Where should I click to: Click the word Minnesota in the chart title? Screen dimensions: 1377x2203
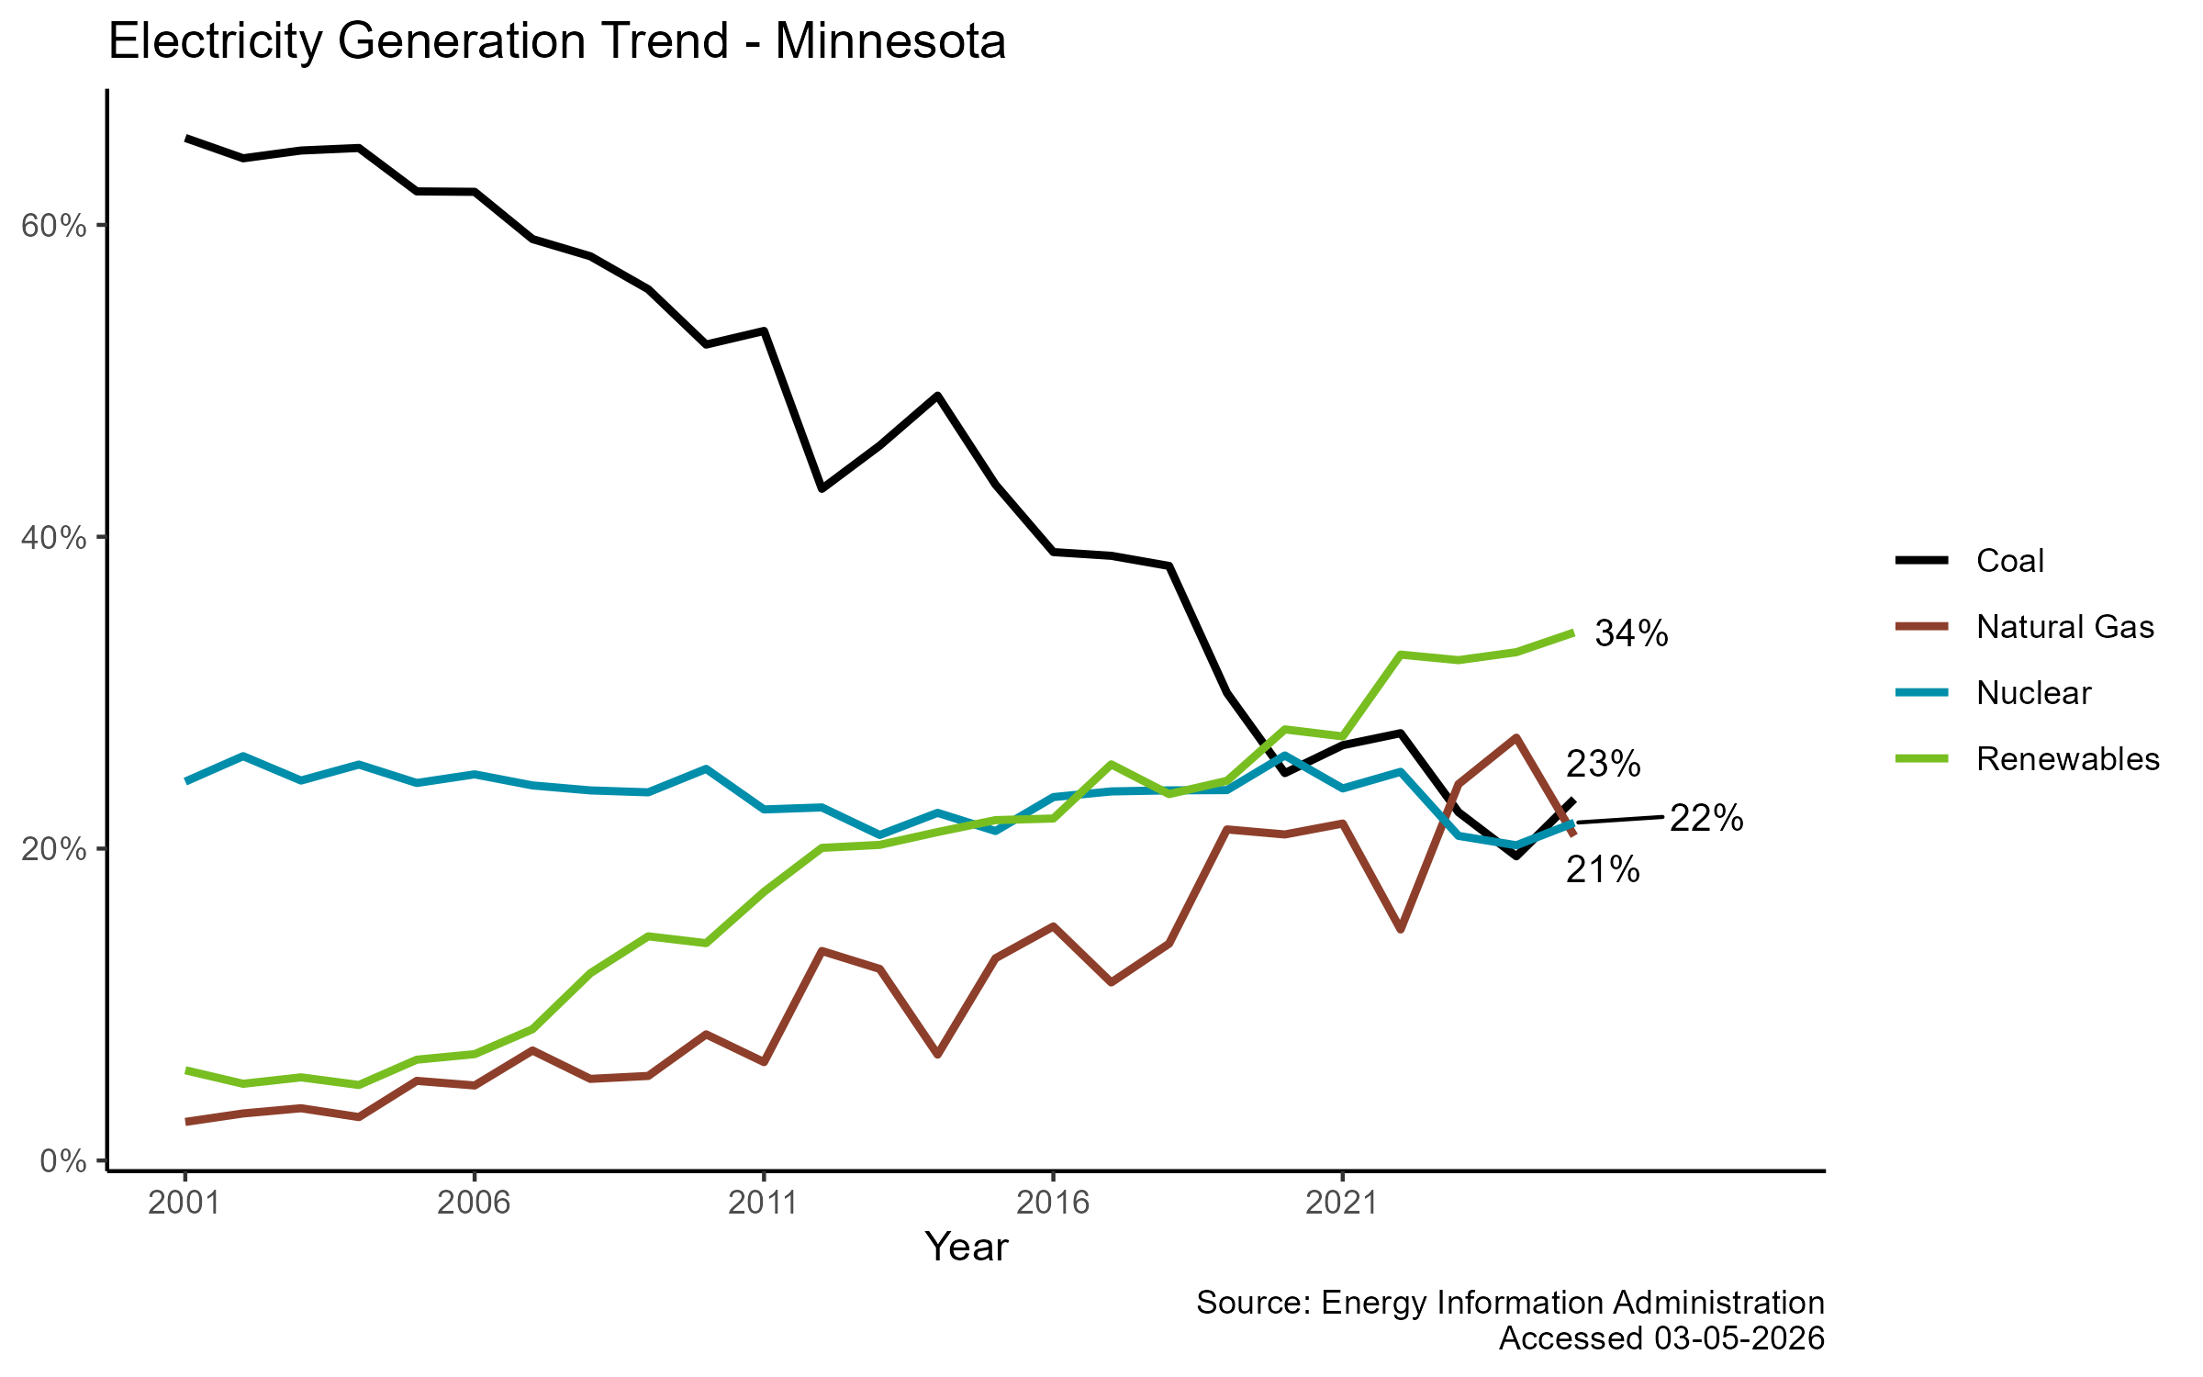pyautogui.click(x=889, y=42)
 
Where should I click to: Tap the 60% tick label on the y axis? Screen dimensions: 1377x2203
pyautogui.click(x=54, y=226)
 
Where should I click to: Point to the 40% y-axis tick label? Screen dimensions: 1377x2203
pyautogui.click(x=54, y=538)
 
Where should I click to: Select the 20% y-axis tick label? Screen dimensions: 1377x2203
pyautogui.click(x=54, y=849)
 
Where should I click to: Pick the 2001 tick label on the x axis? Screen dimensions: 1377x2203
pyautogui.click(x=185, y=1203)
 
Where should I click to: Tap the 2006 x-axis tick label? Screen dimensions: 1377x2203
pyautogui.click(x=474, y=1203)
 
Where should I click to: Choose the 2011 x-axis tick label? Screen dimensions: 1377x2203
pyautogui.click(x=763, y=1203)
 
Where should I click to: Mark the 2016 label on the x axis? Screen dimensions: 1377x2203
pyautogui.click(x=1053, y=1203)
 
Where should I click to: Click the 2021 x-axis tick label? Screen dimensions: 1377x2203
pyautogui.click(x=1342, y=1203)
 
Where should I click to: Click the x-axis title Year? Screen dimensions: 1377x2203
pyautogui.click(x=967, y=1248)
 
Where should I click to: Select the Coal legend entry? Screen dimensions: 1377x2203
pyautogui.click(x=2009, y=561)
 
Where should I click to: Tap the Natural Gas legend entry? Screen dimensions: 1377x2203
pyautogui.click(x=2064, y=627)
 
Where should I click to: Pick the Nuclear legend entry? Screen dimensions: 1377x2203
pyautogui.click(x=2033, y=693)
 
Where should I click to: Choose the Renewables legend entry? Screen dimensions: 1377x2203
pyautogui.click(x=2067, y=759)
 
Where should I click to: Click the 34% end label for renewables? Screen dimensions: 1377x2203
pyautogui.click(x=1631, y=633)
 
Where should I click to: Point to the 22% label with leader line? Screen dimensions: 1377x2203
pyautogui.click(x=1705, y=818)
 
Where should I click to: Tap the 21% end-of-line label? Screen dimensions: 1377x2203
pyautogui.click(x=1603, y=870)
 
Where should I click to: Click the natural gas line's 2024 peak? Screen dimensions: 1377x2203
pyautogui.click(x=1516, y=737)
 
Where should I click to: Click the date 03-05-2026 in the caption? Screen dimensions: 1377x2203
pyautogui.click(x=1739, y=1338)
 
